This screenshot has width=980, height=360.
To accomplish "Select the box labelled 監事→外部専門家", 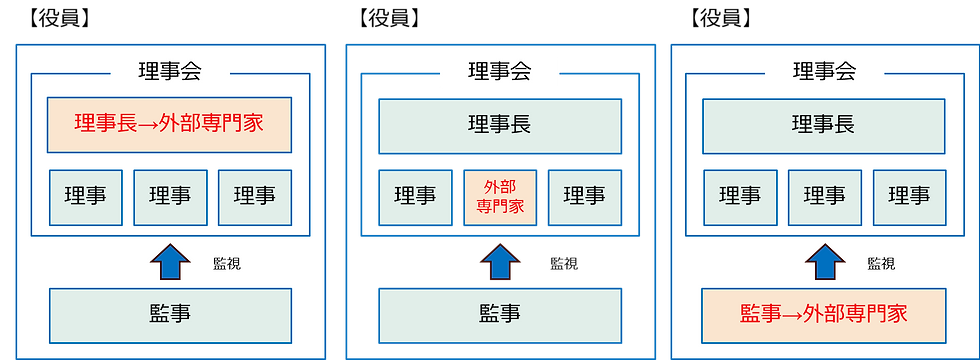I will [x=824, y=314].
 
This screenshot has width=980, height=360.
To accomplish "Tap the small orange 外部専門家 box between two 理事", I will [x=499, y=197].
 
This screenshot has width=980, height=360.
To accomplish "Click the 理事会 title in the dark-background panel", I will [x=499, y=72].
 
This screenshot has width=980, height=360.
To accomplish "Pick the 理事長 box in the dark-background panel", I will [x=499, y=125].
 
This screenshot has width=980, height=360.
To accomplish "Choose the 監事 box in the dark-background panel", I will [x=499, y=313].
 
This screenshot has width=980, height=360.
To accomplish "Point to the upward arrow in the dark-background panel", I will [x=499, y=262].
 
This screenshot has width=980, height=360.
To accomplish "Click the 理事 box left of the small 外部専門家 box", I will [x=415, y=197].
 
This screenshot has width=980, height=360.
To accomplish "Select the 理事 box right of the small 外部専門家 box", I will [x=584, y=197].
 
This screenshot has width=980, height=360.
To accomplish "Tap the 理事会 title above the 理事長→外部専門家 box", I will [x=169, y=72].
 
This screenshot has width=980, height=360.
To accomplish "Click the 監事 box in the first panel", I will [x=169, y=314].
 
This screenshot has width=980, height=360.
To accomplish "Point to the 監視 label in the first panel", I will [x=227, y=265].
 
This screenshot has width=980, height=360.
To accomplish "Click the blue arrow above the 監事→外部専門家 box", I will [x=824, y=262].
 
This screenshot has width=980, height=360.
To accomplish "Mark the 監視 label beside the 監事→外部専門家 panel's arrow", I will [x=881, y=265].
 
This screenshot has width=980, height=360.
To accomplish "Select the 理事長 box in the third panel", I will [x=824, y=125].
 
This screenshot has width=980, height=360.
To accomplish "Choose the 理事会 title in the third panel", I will [x=824, y=72].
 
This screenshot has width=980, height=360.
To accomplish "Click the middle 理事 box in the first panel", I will [x=170, y=197].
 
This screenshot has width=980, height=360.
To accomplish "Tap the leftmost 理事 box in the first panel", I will [x=85, y=197].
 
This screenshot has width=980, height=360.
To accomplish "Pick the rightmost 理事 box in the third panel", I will [x=909, y=197].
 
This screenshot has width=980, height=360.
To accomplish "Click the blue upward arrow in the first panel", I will [x=169, y=262].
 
